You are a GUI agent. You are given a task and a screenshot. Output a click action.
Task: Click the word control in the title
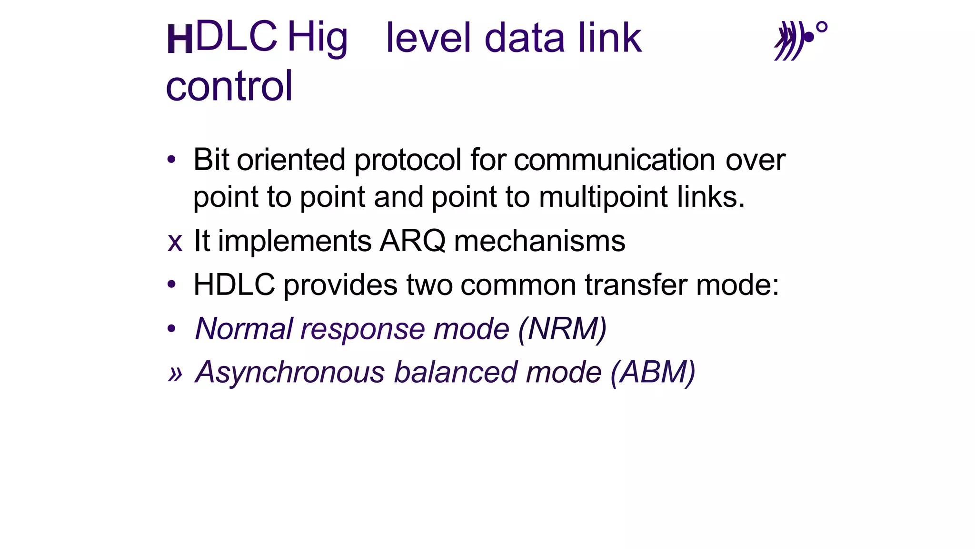229,86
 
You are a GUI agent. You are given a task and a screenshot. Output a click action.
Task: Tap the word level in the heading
428,38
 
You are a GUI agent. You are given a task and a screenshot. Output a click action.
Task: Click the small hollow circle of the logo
822,28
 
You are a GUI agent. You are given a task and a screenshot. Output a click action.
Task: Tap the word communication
614,160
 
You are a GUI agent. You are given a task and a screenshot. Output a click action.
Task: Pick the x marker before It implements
175,242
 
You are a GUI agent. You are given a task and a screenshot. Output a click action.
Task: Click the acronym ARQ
412,241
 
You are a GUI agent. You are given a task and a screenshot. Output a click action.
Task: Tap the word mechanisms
539,241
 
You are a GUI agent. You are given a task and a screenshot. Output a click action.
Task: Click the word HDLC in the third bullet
234,285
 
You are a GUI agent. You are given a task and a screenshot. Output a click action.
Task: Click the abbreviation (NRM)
562,329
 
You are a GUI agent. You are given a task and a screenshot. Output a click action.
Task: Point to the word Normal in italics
244,329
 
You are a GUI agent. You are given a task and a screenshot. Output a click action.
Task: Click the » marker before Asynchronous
175,374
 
